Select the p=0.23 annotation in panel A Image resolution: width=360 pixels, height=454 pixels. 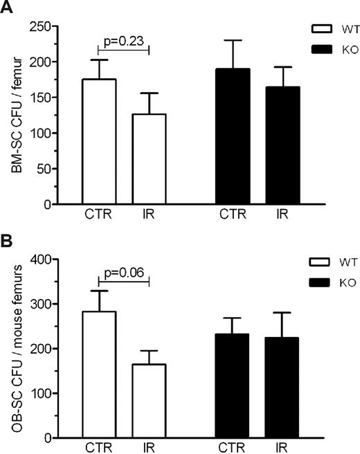(x=123, y=41)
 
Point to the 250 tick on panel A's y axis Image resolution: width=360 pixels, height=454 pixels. (x=60, y=26)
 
